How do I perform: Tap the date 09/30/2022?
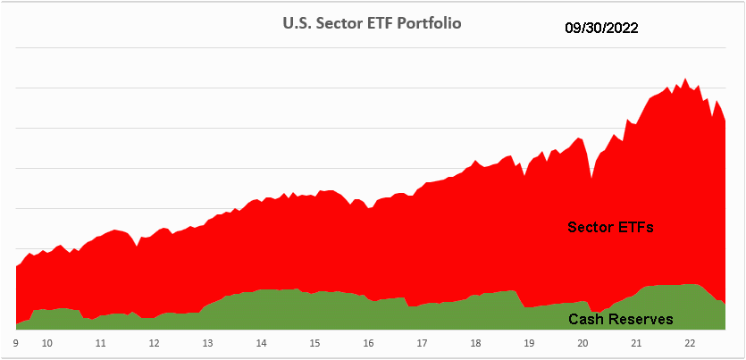coord(601,29)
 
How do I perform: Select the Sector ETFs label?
coord(611,227)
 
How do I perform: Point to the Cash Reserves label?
coord(620,319)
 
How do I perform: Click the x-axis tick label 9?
coord(16,342)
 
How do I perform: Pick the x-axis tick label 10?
coord(46,342)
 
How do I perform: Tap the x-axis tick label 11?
coord(100,342)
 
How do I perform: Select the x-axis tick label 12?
coord(154,342)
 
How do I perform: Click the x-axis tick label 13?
coord(207,342)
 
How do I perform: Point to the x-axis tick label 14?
coord(261,342)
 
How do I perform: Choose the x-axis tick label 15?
coord(314,342)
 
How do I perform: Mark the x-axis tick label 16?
coord(368,342)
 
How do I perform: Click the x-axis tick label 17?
coord(422,342)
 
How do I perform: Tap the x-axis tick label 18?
coord(475,342)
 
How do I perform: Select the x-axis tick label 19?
coord(529,342)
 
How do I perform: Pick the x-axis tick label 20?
coord(583,342)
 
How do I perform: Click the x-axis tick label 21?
coord(636,342)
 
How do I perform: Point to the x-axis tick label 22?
coord(690,342)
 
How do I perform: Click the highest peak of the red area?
coord(685,80)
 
